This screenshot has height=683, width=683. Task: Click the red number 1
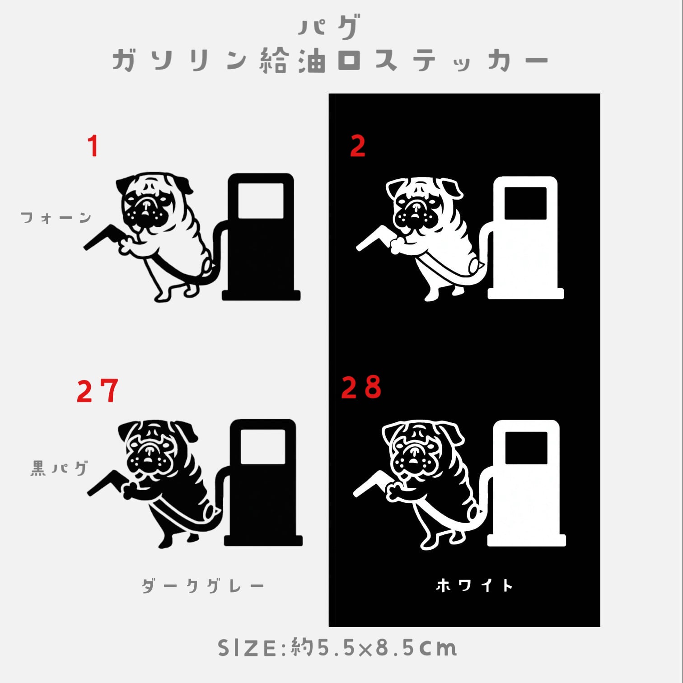coord(93,146)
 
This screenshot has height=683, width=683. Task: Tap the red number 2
coord(357,146)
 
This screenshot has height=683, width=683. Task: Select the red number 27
coord(98,391)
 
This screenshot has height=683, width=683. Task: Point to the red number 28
coord(361,387)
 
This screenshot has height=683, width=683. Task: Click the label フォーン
coord(56,218)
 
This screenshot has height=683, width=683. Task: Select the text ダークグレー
coord(203,586)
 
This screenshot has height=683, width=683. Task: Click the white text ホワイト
coord(474,585)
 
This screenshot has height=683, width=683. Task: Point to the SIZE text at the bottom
coord(337,648)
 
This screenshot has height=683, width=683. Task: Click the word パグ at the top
coord(329,27)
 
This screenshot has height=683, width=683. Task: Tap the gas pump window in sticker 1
coord(261,201)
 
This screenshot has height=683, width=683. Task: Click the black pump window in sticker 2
coord(525,203)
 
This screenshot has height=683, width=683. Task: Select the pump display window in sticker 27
coord(263,447)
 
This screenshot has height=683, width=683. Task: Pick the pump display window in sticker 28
coord(526,448)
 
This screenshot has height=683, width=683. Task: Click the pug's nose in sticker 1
coord(145,204)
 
